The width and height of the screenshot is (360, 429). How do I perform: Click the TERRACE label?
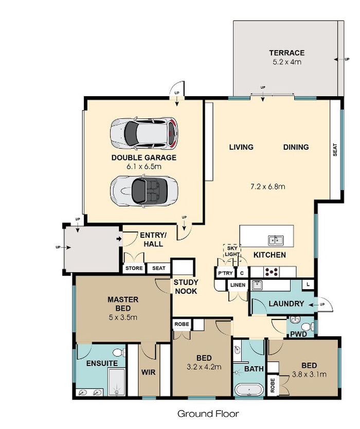pos(286,52)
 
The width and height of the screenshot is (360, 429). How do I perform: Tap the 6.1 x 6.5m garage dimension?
pos(144,166)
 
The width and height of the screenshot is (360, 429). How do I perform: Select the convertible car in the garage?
pos(144,190)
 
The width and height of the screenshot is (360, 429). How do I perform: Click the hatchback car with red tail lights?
pos(144,133)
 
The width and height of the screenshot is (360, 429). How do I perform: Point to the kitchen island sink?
pos(276,241)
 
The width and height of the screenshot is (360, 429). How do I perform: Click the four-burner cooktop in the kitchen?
pos(272,272)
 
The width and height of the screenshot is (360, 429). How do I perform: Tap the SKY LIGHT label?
pos(231,251)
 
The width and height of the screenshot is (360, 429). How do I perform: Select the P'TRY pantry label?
pos(225,273)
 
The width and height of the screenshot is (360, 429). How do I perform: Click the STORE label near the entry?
pos(134,268)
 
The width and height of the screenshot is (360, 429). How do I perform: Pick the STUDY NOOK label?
pos(186,287)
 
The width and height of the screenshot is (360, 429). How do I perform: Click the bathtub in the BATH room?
pos(249,389)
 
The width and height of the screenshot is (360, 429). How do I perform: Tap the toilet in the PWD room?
pos(308,327)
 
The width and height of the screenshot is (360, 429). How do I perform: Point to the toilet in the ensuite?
pos(119,352)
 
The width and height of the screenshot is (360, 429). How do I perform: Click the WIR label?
pos(148,372)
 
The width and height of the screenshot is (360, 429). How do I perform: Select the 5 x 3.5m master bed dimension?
pos(123,317)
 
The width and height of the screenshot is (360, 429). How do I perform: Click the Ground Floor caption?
pos(208,414)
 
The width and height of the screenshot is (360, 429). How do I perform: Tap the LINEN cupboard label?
pos(238,285)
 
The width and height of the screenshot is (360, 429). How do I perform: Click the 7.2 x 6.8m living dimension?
pos(268,187)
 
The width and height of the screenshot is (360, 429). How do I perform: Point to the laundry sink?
pos(257,285)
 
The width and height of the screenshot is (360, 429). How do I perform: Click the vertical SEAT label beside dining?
pos(335,150)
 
